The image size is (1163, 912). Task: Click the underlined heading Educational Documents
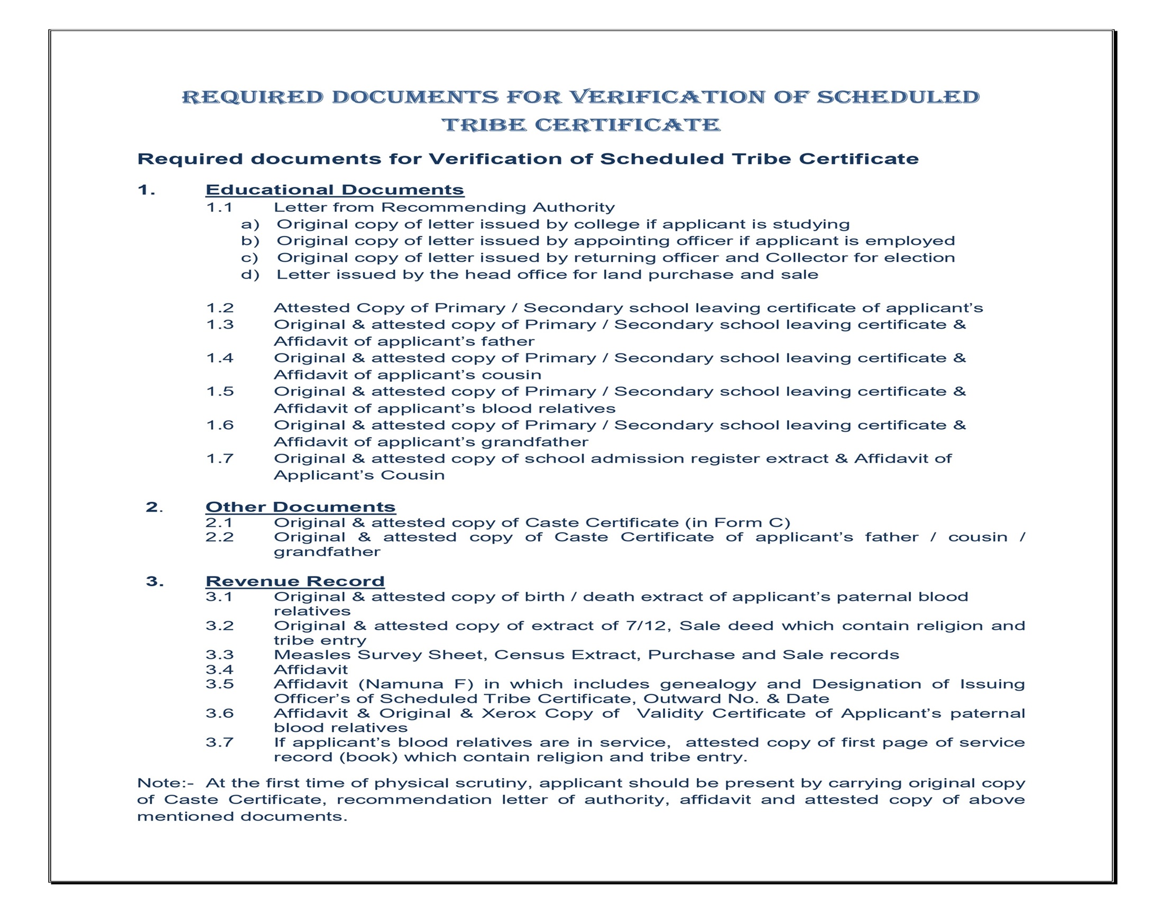click(x=334, y=190)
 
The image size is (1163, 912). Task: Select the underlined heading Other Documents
click(x=300, y=506)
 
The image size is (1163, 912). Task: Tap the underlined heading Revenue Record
click(x=295, y=581)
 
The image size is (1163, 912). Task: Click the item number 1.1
click(x=219, y=208)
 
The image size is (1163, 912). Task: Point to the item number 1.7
click(x=219, y=459)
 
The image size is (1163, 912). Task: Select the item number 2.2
click(x=219, y=537)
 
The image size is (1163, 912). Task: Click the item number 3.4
click(x=219, y=669)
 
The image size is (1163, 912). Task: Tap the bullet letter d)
click(x=250, y=275)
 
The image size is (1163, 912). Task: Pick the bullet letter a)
click(x=250, y=225)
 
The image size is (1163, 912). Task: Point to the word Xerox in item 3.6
click(x=509, y=713)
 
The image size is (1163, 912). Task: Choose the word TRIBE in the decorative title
click(x=484, y=125)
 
